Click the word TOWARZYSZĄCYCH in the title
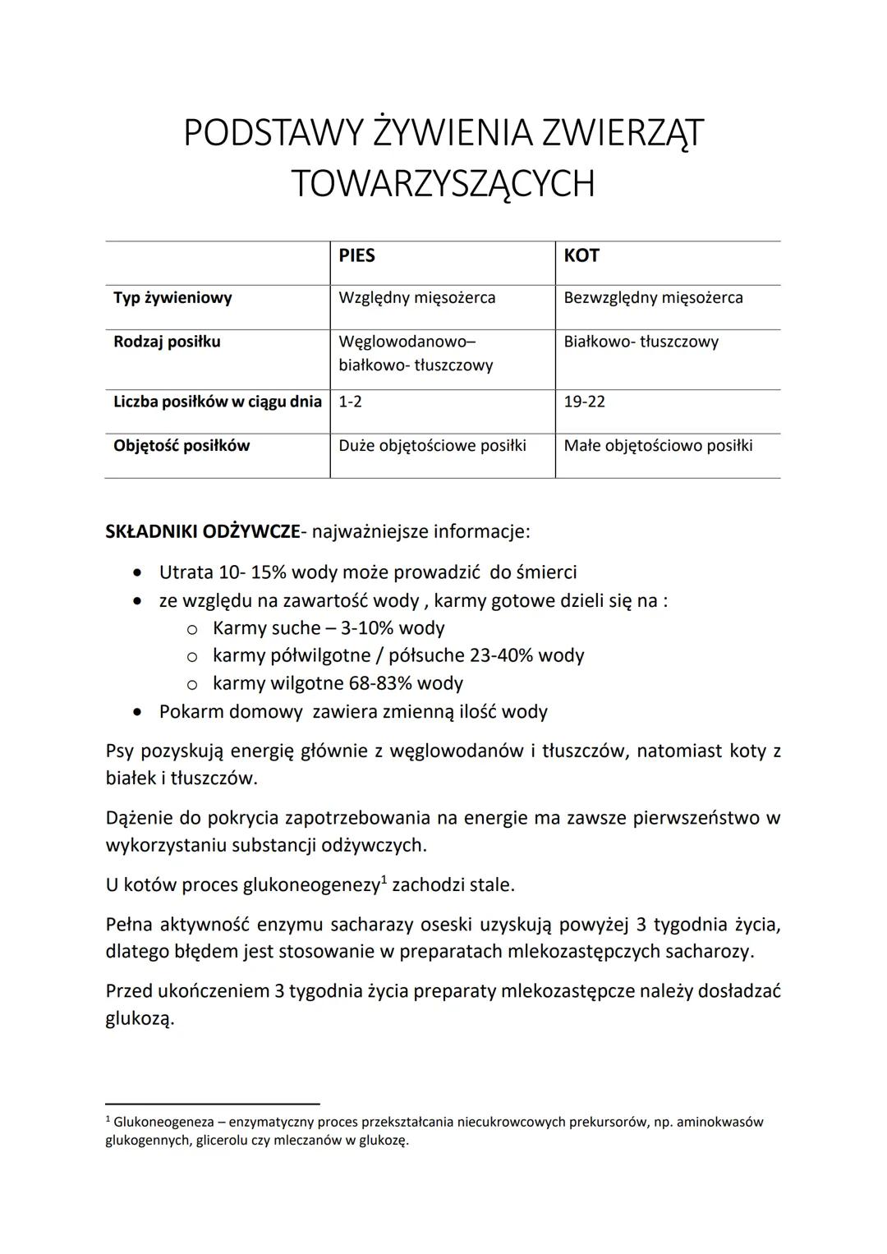pyautogui.click(x=443, y=183)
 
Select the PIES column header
pyautogui.click(x=356, y=255)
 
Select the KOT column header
pyautogui.click(x=581, y=255)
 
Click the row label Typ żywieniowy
pyautogui.click(x=172, y=297)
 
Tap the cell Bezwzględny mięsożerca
pyautogui.click(x=653, y=297)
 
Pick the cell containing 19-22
pyautogui.click(x=584, y=402)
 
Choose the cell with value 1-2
pyautogui.click(x=350, y=402)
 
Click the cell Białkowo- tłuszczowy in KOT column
pyautogui.click(x=641, y=342)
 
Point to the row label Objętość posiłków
pyautogui.click(x=182, y=446)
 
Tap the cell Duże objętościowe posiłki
pyautogui.click(x=432, y=446)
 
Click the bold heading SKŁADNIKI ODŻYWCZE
pyautogui.click(x=203, y=531)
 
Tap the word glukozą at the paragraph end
pyautogui.click(x=140, y=1019)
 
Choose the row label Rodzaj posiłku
pyautogui.click(x=167, y=342)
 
